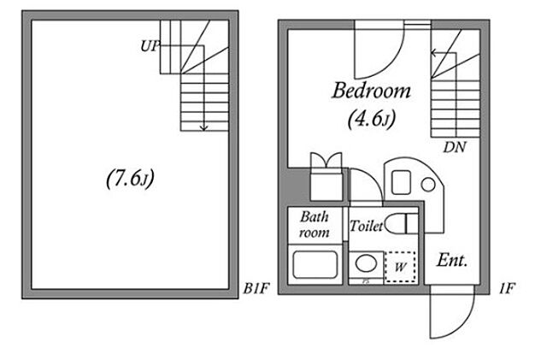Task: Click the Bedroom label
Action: click(371, 90)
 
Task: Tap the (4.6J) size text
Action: click(372, 119)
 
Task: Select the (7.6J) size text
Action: click(130, 179)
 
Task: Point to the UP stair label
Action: click(150, 45)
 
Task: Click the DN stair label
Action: click(455, 147)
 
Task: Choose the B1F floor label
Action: click(256, 288)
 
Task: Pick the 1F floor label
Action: click(507, 288)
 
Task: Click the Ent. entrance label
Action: click(452, 260)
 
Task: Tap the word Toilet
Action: click(366, 226)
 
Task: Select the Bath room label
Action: click(314, 224)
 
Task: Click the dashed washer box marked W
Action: click(400, 267)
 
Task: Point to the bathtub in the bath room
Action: click(315, 264)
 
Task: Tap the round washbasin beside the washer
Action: click(366, 263)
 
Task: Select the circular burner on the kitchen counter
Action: click(428, 185)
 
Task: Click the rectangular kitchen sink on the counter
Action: click(401, 182)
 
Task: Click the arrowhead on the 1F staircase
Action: click(433, 53)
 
